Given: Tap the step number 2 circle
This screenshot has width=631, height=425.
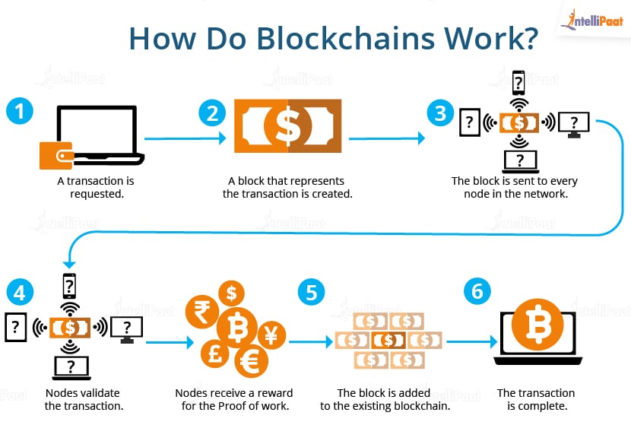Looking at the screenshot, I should click(213, 113).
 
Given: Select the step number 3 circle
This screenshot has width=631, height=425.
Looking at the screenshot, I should click(440, 113).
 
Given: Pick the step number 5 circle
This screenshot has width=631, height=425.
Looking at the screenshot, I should click(309, 291).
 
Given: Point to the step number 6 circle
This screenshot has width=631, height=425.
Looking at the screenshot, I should click(477, 291).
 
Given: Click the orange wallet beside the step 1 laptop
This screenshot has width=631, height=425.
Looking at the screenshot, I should click(55, 156).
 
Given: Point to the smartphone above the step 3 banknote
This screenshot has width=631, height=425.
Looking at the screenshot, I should click(519, 83).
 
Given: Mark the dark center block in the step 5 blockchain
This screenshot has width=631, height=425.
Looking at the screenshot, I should click(390, 338).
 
